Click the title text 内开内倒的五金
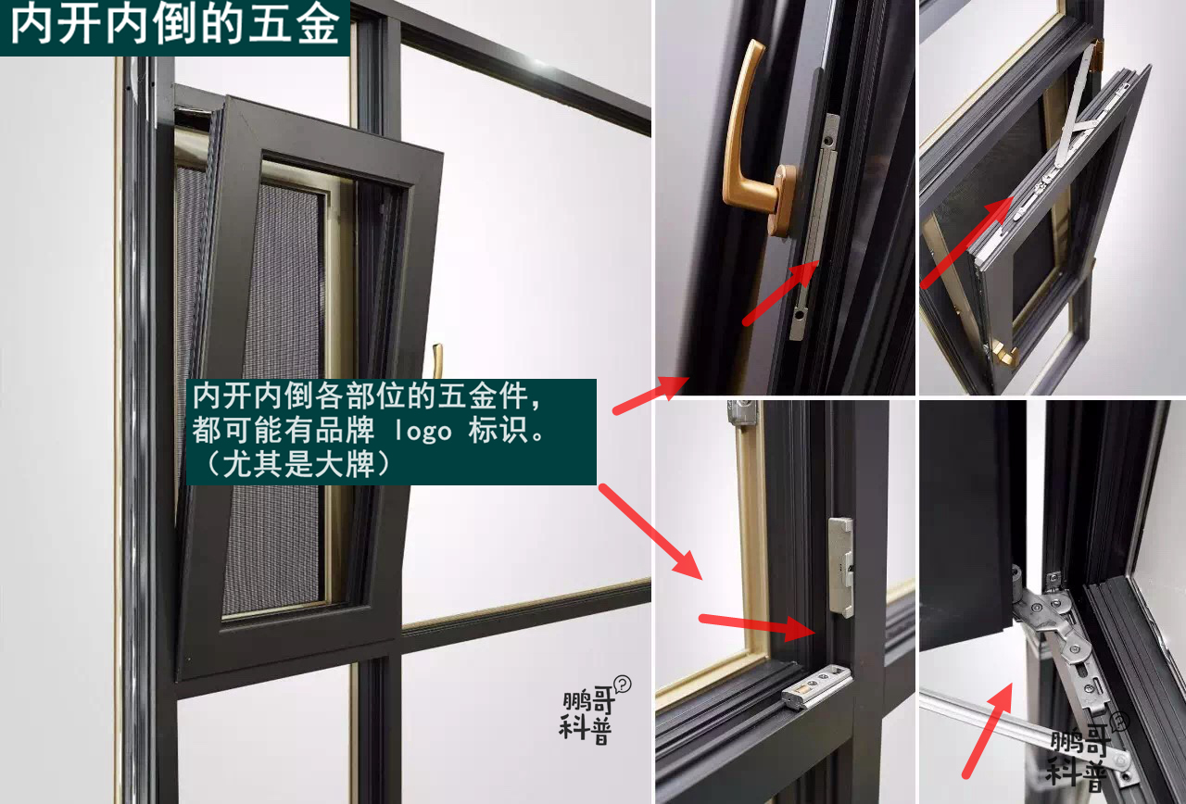point(174,27)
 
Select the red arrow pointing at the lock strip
point(780,293)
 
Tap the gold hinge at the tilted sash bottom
point(1001,351)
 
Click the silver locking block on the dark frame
point(840,565)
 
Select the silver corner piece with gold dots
point(815,686)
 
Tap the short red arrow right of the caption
point(648,395)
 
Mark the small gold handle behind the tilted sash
point(437,361)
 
